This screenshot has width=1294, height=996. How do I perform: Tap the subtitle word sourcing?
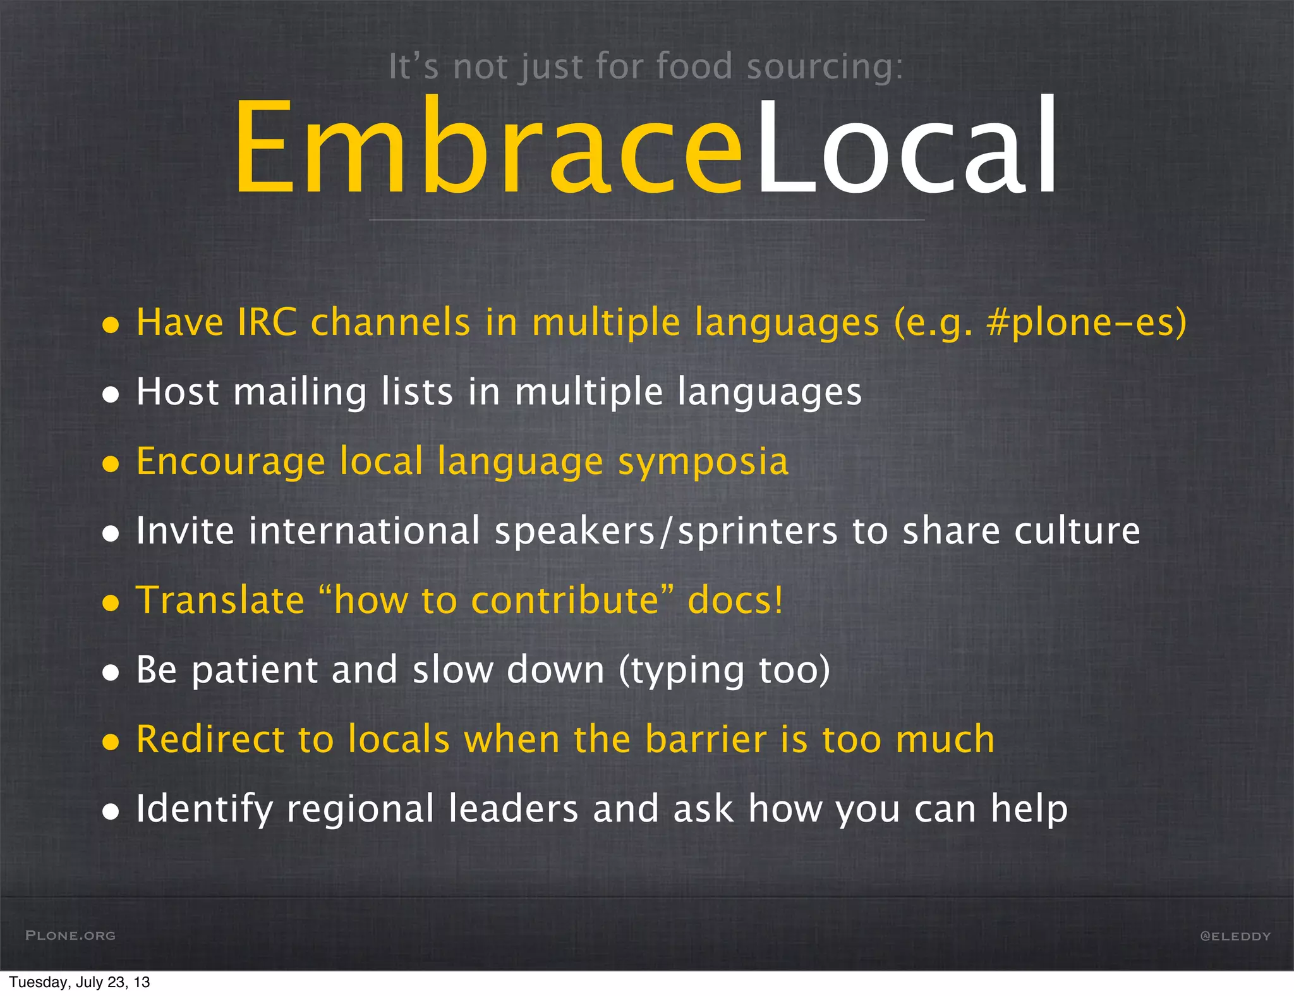click(825, 67)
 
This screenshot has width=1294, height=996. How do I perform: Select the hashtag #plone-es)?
click(1087, 322)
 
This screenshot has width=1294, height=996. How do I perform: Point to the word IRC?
click(267, 322)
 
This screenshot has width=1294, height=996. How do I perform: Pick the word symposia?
click(703, 462)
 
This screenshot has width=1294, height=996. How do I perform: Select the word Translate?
click(221, 600)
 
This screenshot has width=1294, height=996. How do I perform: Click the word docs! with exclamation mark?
click(735, 600)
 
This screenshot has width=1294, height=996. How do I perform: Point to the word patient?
click(255, 670)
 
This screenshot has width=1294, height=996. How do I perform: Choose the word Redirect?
click(210, 739)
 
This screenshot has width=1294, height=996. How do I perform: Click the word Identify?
click(204, 809)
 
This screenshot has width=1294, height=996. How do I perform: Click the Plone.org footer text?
click(70, 935)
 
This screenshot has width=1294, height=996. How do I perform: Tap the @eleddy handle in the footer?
click(1235, 936)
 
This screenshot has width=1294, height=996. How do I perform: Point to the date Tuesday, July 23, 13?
click(80, 982)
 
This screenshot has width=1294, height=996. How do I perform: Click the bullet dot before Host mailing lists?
click(111, 395)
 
